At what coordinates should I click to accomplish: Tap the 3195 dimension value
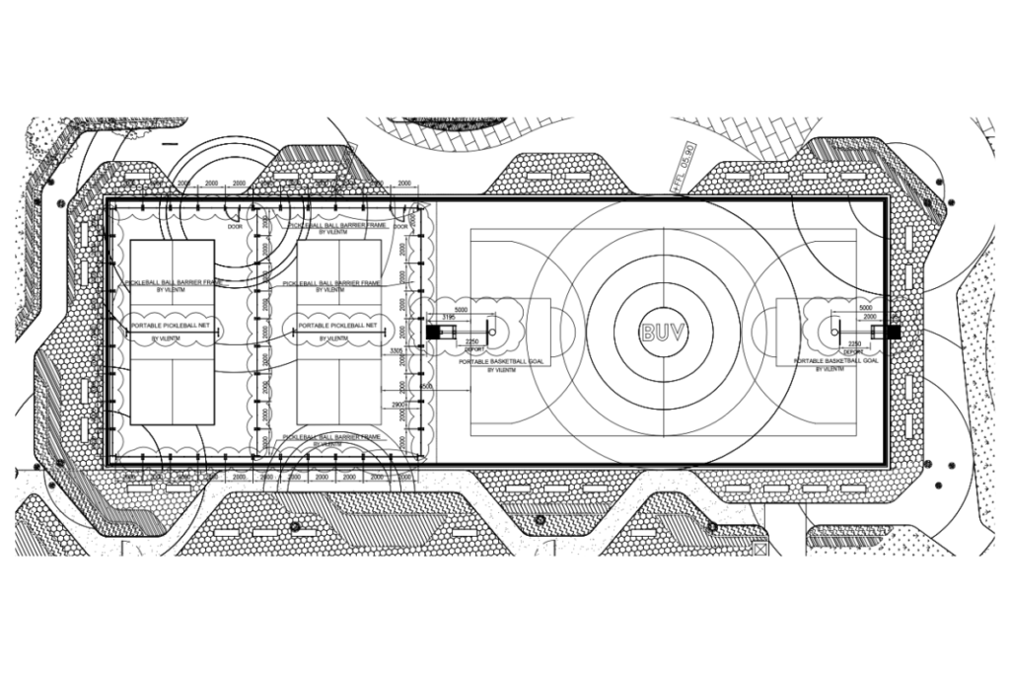click(448, 317)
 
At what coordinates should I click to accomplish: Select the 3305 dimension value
click(397, 350)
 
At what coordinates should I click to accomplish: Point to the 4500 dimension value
click(425, 386)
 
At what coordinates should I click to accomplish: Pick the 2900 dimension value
click(399, 406)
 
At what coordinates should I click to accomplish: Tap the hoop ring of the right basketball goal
click(835, 331)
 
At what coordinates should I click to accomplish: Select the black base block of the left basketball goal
click(431, 332)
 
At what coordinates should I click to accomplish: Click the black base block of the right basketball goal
click(894, 332)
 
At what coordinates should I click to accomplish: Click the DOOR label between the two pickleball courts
click(235, 226)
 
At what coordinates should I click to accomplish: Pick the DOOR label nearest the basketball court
click(404, 226)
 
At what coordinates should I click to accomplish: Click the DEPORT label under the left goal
click(473, 350)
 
